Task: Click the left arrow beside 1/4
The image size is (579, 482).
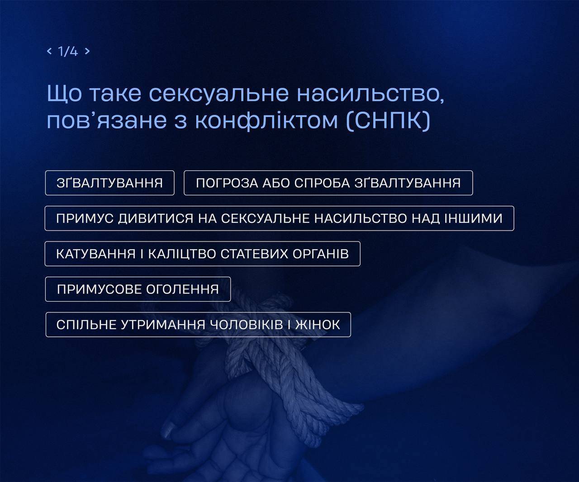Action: pyautogui.click(x=49, y=51)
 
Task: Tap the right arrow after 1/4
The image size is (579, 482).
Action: pyautogui.click(x=87, y=51)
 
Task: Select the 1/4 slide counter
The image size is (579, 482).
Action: pyautogui.click(x=68, y=51)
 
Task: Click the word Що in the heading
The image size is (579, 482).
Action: pyautogui.click(x=64, y=94)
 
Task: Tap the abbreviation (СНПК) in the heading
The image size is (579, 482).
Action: pyautogui.click(x=388, y=121)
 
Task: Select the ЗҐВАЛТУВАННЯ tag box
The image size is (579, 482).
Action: pyautogui.click(x=110, y=183)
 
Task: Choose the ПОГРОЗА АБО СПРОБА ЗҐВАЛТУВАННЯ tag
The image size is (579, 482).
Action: pyautogui.click(x=328, y=183)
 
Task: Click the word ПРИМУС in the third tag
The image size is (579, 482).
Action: pyautogui.click(x=85, y=218)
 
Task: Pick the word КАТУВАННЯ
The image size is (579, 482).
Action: pyautogui.click(x=96, y=254)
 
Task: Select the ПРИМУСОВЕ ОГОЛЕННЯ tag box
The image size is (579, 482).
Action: pyautogui.click(x=138, y=289)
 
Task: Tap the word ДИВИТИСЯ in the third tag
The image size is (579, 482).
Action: pyautogui.click(x=156, y=218)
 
